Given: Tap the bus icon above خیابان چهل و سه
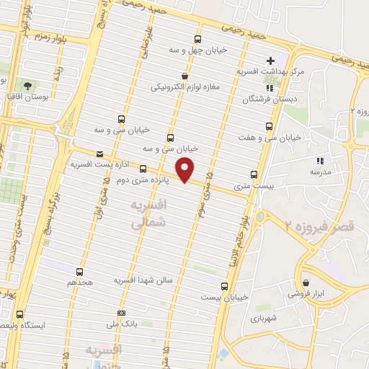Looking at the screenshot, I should [x=198, y=39].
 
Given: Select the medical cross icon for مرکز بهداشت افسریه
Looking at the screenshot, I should [x=271, y=61].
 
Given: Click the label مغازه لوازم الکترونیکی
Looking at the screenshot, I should [x=184, y=87].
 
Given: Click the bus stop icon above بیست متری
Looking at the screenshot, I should [x=254, y=174].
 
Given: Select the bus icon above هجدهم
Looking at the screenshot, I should [x=79, y=272].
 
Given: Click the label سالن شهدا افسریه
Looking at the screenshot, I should [x=146, y=280].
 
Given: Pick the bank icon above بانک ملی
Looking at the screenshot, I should [x=121, y=313].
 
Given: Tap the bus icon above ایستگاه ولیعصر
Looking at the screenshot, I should [x=19, y=314].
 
